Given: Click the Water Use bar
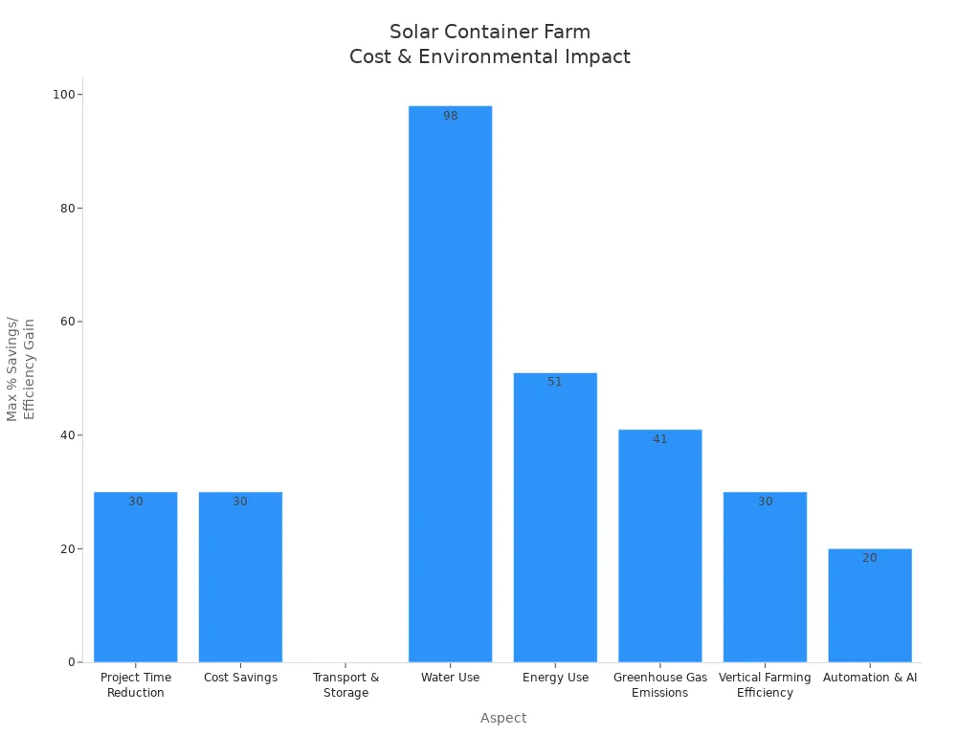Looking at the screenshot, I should (x=450, y=383).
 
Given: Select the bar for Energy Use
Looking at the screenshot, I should (x=555, y=517).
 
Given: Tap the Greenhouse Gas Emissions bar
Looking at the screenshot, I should (x=659, y=546).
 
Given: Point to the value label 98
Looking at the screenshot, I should (x=450, y=116).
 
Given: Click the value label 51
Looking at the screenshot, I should (x=555, y=382).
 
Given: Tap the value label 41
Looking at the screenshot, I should (x=659, y=439).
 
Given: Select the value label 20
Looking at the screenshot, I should (x=869, y=558).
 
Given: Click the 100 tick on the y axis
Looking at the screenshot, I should (x=66, y=95).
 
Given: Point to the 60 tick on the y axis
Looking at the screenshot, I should (x=69, y=322).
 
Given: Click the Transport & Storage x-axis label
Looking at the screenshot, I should (x=345, y=685).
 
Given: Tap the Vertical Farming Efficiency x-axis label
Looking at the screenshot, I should (x=765, y=685).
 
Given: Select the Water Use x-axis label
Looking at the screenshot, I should (x=450, y=678).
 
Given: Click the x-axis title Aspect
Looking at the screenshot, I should (x=503, y=718).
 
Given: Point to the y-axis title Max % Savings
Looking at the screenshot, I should (x=12, y=368).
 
